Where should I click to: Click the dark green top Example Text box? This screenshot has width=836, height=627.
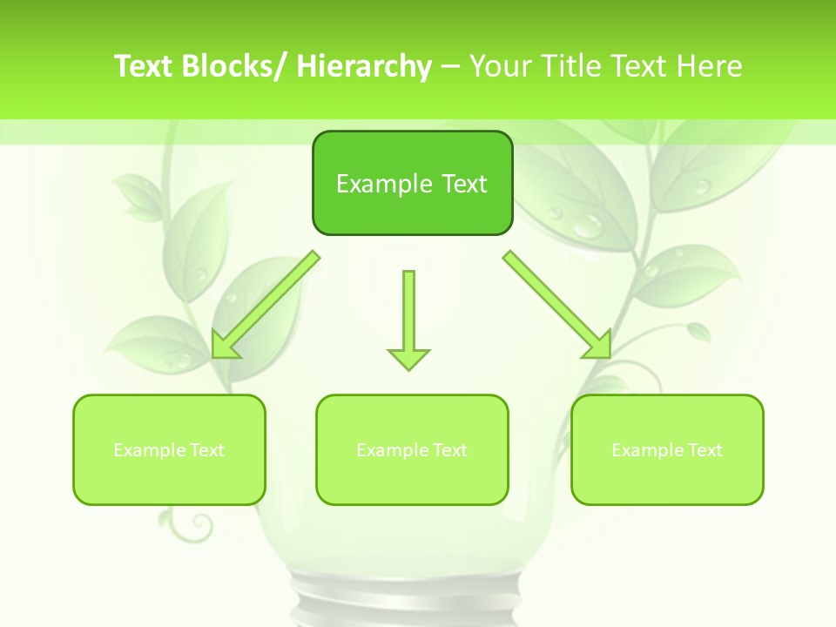(x=412, y=183)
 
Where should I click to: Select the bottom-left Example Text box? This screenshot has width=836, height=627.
(x=169, y=449)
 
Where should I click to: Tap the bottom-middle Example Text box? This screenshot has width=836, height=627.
(x=412, y=449)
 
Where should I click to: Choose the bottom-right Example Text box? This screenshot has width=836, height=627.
(x=667, y=449)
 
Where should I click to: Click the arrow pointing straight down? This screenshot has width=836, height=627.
(x=408, y=318)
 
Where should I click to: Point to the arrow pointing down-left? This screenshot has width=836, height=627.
(x=266, y=305)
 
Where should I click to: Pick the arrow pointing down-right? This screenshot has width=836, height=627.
(x=557, y=305)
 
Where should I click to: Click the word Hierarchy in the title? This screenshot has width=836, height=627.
(x=364, y=66)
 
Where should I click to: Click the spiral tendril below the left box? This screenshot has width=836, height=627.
(x=199, y=525)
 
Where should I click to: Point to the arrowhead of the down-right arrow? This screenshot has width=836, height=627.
(x=599, y=345)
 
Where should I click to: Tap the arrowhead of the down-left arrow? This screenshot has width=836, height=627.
(x=223, y=346)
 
